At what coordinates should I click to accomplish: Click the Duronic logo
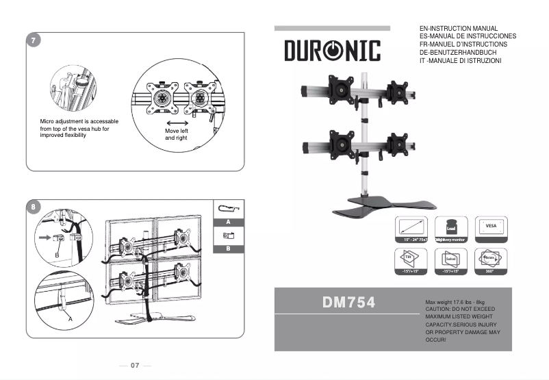click(332, 50)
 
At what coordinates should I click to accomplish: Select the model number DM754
click(349, 303)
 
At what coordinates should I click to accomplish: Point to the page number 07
click(135, 366)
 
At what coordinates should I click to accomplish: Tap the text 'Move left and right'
click(176, 134)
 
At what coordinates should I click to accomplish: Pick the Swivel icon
click(451, 260)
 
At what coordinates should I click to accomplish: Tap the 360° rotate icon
click(491, 260)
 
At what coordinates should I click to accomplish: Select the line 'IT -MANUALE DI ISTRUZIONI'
click(460, 61)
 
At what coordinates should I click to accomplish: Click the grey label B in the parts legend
click(228, 249)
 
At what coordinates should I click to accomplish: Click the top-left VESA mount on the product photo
click(340, 87)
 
